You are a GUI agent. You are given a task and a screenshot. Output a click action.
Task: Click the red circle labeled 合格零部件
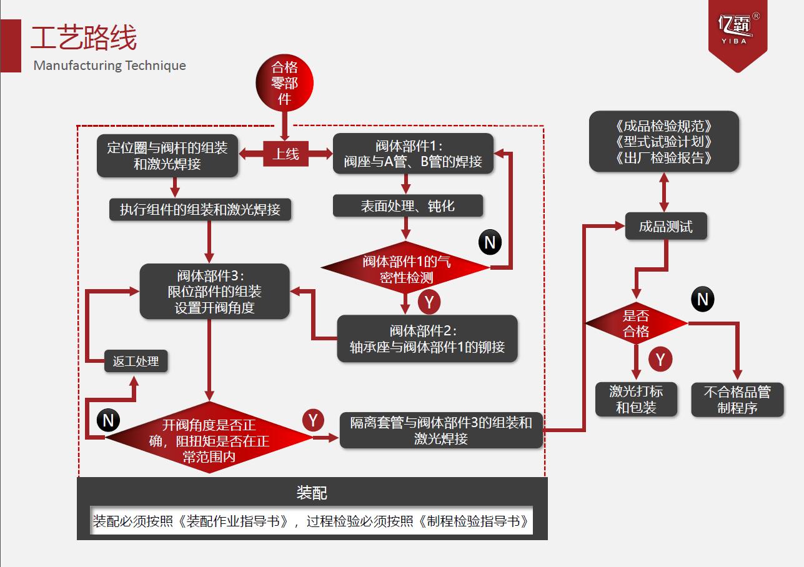[x=284, y=83]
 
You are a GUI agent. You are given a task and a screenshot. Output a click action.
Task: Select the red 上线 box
[x=285, y=154]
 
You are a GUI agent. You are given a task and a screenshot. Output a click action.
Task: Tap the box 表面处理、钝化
[x=407, y=206]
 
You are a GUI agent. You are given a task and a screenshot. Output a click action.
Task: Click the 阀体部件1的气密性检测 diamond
[x=406, y=269]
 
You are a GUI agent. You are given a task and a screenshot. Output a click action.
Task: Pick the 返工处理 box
[x=136, y=361]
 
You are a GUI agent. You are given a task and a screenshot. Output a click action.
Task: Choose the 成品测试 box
[x=666, y=226]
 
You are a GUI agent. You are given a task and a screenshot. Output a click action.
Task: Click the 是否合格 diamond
[x=636, y=323]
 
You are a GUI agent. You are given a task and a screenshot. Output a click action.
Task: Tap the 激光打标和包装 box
[x=636, y=400]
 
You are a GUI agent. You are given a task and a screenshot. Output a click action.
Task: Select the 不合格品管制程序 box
[x=737, y=400]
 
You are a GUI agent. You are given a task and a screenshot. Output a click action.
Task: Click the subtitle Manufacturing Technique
[x=110, y=66]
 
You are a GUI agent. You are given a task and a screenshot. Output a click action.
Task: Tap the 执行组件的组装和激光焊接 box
[x=200, y=210]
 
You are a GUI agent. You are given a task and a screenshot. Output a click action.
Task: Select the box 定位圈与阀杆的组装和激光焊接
[x=167, y=156]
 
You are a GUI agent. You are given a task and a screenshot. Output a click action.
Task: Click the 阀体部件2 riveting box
[x=427, y=339]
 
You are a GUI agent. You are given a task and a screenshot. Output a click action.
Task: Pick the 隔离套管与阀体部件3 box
[x=441, y=430]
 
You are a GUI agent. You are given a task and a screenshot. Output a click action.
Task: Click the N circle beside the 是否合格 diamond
[x=703, y=300]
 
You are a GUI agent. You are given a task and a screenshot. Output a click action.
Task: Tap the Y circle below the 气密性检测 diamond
[x=429, y=302]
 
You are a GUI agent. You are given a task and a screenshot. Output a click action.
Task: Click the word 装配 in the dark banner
[x=312, y=493]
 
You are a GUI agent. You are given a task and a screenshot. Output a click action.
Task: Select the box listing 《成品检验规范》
[x=664, y=142]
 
